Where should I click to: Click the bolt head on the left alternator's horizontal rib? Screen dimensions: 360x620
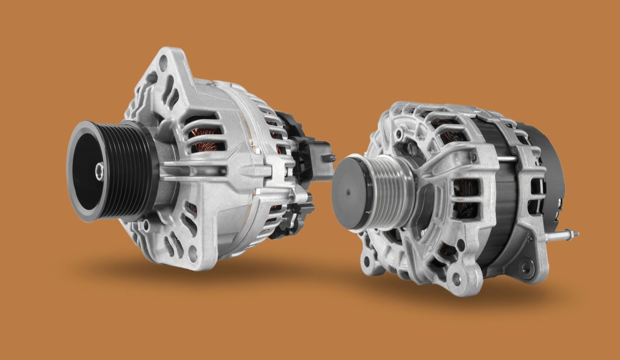(223, 171)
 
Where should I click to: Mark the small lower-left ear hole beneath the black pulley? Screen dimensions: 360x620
(145, 227)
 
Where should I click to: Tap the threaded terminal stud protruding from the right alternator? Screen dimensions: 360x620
(564, 235)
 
